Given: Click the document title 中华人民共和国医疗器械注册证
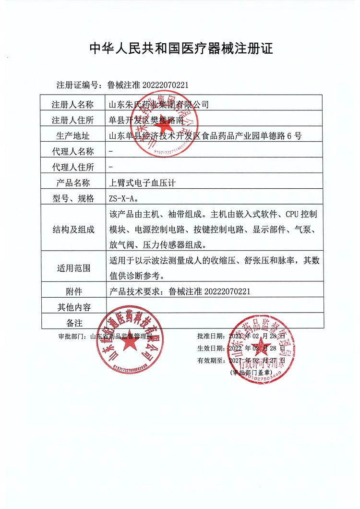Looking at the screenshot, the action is pos(181,48).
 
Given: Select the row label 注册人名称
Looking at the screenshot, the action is pos(74,104).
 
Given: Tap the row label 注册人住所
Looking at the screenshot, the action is pos(74,120).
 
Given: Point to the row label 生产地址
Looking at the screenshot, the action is pos(74,135).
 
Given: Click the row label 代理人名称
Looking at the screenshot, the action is pos(74,151).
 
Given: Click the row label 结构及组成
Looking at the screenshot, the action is pos(74,229).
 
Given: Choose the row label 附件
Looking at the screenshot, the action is pos(74,291).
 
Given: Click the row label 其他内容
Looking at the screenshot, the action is pos(74,307).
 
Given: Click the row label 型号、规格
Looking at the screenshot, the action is pos(74,198).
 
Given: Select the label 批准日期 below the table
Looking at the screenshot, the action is pos(210,336).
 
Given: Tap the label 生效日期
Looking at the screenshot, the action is pos(210,348).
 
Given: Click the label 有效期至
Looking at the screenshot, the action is pos(210,360).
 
